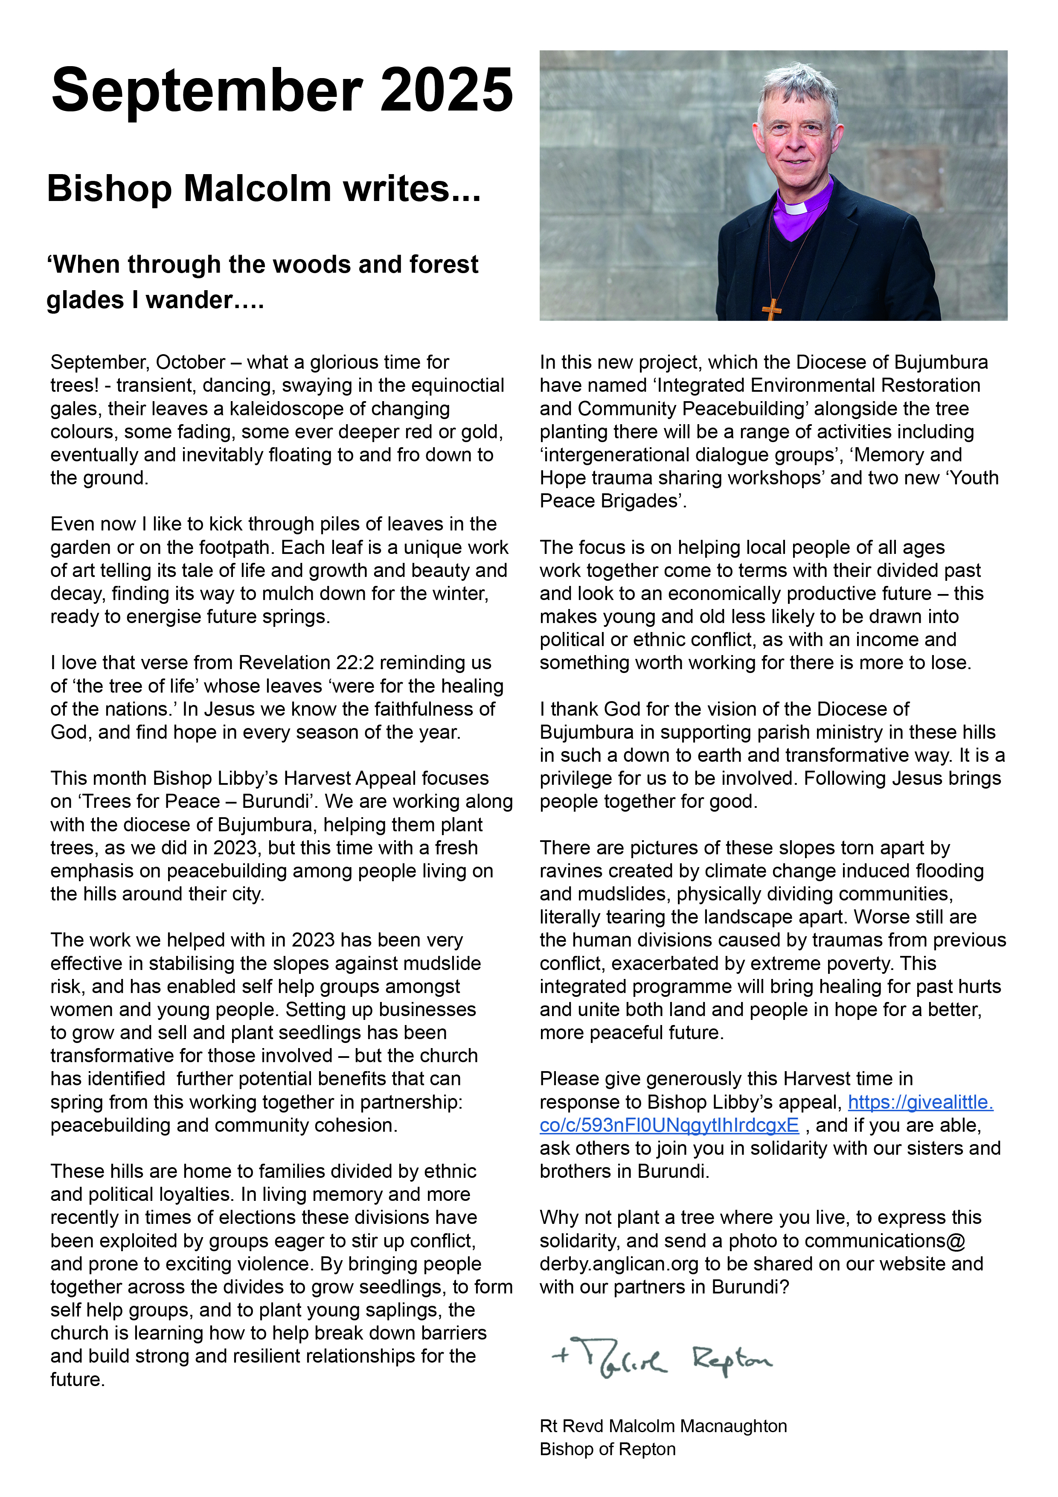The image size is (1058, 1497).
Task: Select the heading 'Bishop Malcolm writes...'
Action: click(264, 189)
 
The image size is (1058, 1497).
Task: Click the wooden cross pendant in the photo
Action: click(771, 309)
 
